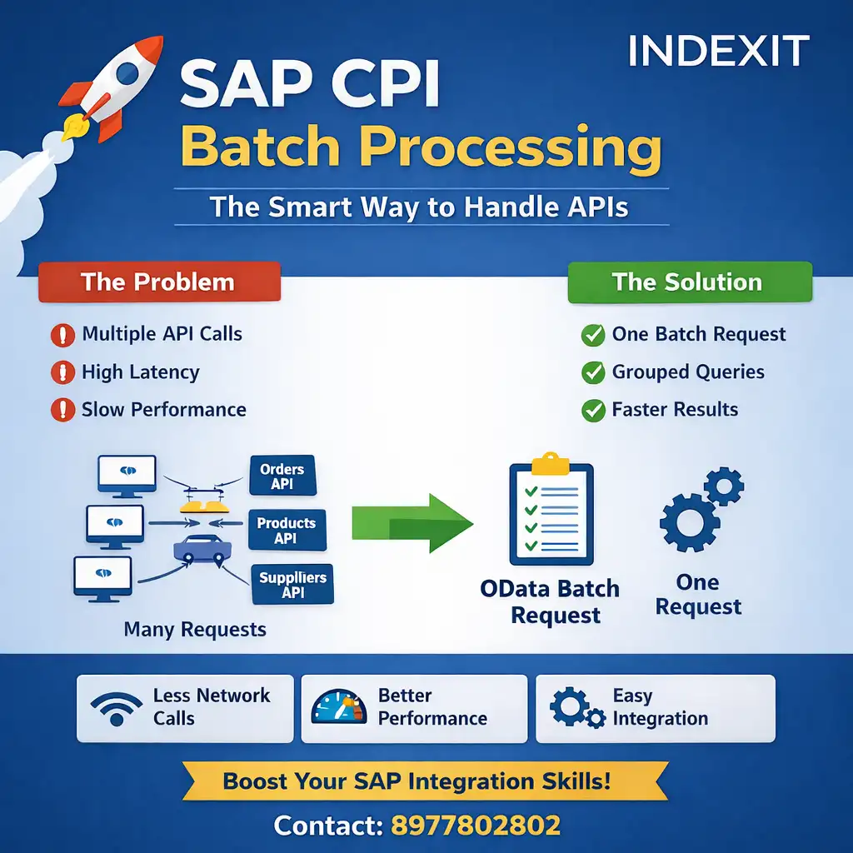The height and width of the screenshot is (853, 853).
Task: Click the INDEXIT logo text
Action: tap(718, 52)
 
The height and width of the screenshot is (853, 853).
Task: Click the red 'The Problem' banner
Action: tap(159, 282)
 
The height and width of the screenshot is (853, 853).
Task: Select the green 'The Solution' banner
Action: tap(689, 282)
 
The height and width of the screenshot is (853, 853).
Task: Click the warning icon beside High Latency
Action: tap(62, 372)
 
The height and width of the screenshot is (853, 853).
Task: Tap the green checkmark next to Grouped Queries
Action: tap(593, 372)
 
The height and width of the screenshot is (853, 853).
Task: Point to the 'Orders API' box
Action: tap(282, 476)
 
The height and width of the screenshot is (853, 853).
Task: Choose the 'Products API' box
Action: tap(286, 531)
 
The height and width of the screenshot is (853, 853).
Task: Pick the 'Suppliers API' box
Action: tap(292, 584)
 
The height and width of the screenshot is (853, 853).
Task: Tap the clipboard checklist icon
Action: tap(551, 510)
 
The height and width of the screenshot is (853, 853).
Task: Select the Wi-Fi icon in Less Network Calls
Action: tap(117, 708)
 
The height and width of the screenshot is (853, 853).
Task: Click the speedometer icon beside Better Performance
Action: tap(338, 707)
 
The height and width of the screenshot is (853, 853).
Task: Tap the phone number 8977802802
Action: tap(475, 826)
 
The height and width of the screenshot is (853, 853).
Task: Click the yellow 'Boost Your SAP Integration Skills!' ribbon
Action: tap(417, 782)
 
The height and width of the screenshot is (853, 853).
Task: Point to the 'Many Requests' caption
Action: tap(195, 629)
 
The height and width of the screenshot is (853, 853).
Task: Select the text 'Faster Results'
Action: tap(675, 410)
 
